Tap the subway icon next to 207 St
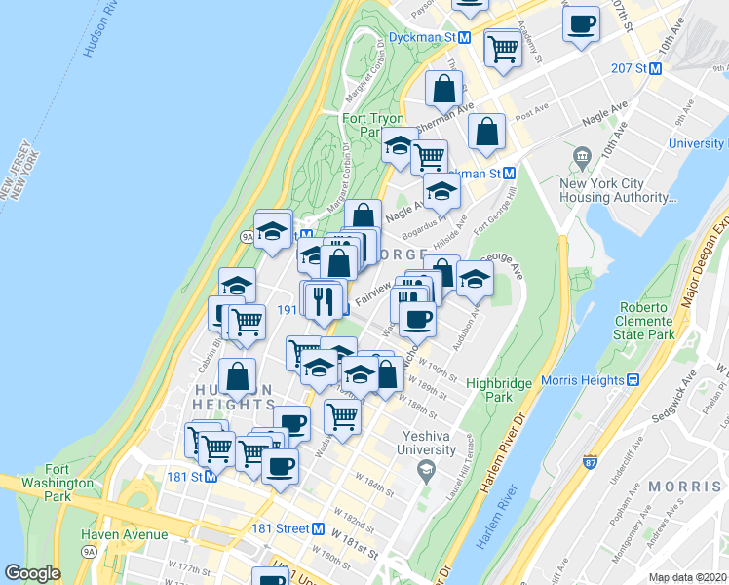point(656,68)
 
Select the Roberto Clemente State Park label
point(645,321)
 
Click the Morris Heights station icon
point(632,379)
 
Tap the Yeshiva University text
point(426,443)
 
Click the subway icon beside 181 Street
point(318,528)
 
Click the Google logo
point(32,573)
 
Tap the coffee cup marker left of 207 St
point(582,24)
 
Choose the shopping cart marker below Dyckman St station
point(503,47)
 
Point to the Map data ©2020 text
point(688,577)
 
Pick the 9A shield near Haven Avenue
point(89,552)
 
